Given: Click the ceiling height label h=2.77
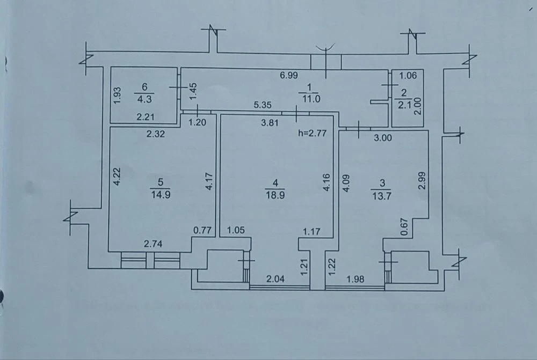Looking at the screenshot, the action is tap(313, 133).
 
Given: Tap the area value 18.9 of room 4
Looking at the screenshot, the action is tap(275, 195).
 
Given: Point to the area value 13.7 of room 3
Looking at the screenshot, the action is tap(381, 196).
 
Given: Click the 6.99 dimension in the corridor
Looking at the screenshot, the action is tap(289, 75).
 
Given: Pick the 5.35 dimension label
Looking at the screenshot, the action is tap(263, 105).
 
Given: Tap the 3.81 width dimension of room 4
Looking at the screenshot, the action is tap(270, 122).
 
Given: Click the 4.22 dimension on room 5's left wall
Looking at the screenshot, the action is tap(117, 176).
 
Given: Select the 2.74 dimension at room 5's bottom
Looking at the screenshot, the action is tap(153, 244).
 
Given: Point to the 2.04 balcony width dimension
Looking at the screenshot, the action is tap(275, 279).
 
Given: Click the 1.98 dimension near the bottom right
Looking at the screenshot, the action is tap(355, 279).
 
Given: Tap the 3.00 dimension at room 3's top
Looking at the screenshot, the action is tap(382, 137).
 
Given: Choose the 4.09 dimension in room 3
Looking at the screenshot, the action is tap(346, 183).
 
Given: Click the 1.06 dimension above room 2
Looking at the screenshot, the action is tap(408, 75).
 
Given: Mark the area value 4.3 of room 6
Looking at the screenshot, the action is tap(144, 99).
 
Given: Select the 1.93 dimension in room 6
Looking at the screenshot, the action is tap(117, 95).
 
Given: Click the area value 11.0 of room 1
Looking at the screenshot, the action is tap(311, 99).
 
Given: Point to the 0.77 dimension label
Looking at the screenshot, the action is tap(202, 230).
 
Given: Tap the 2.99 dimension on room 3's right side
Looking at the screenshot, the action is tap(422, 180).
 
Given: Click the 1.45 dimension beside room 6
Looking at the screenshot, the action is tap(193, 91).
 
